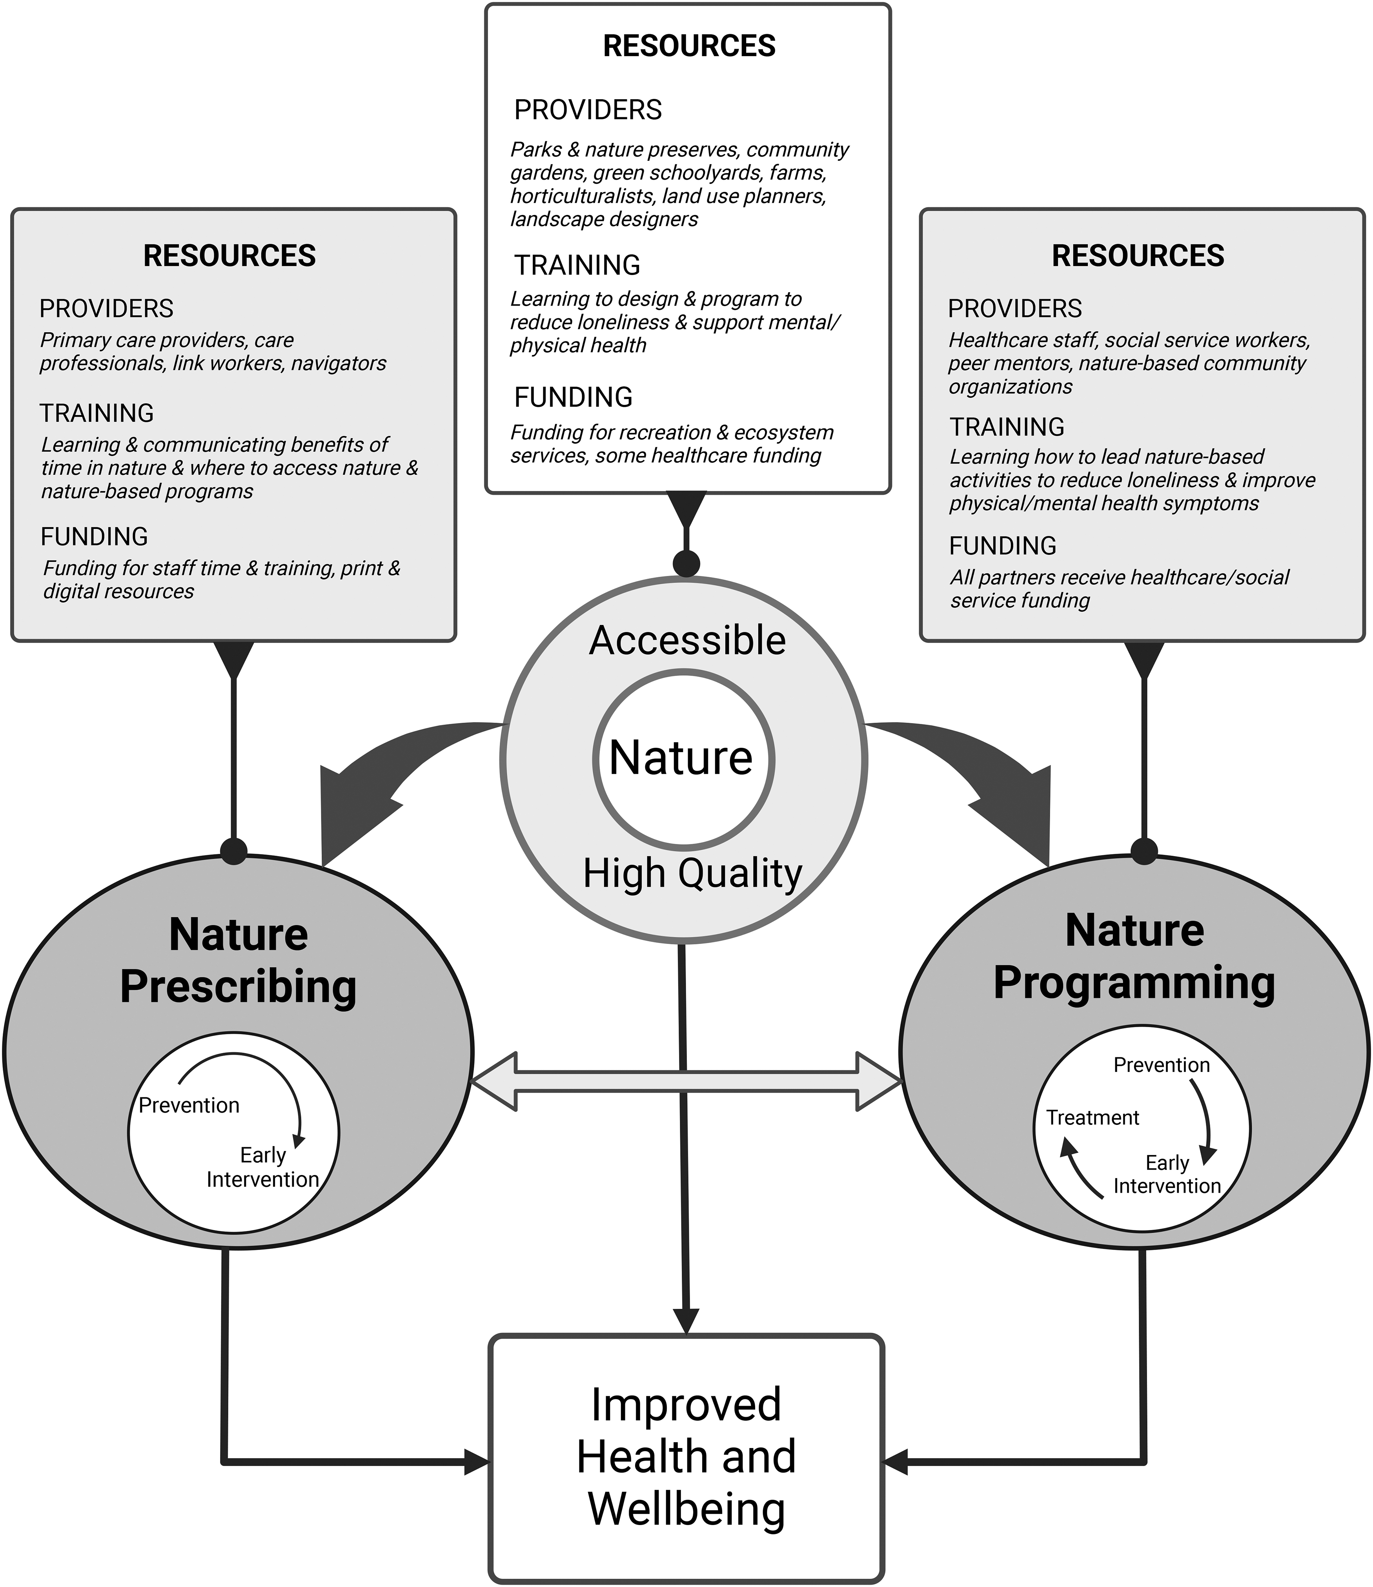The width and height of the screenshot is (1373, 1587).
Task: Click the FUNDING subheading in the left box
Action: (x=94, y=536)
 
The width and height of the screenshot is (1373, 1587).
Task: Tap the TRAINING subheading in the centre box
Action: (x=577, y=265)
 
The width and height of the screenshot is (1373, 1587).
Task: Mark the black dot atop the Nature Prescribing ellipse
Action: (x=234, y=851)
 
